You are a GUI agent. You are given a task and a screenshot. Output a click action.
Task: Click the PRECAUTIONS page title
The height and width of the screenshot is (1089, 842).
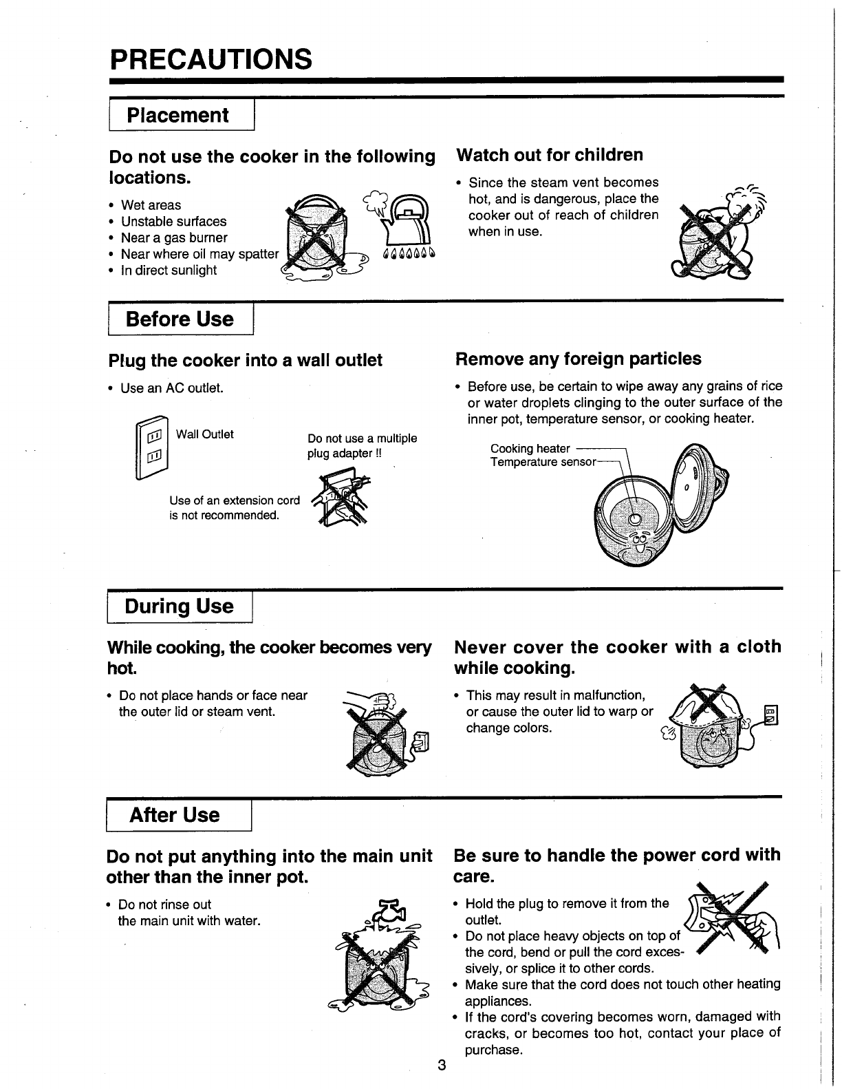point(210,59)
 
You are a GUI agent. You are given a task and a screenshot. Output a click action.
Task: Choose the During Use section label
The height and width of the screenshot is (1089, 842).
point(180,607)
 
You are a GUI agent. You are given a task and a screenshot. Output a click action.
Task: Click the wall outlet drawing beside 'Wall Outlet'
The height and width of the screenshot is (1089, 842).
point(153,447)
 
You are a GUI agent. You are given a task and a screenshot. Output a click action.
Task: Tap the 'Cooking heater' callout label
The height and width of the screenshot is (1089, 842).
point(530,449)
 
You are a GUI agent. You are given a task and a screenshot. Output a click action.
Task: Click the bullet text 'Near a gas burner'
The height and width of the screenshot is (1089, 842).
point(174,238)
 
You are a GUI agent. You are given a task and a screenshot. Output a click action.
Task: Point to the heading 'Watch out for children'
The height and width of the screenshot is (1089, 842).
point(550,155)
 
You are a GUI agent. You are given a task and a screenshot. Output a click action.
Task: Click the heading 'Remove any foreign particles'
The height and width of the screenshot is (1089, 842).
point(578,359)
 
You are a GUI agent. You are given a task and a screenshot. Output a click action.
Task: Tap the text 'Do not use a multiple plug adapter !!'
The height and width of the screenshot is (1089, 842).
point(362,446)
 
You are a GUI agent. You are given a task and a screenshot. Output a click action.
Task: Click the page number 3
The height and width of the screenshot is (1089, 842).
point(442,1066)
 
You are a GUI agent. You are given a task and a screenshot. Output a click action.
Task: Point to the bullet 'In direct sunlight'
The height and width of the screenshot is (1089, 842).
point(169,271)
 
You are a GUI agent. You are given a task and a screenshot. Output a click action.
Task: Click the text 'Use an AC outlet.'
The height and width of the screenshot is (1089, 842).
point(172,389)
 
